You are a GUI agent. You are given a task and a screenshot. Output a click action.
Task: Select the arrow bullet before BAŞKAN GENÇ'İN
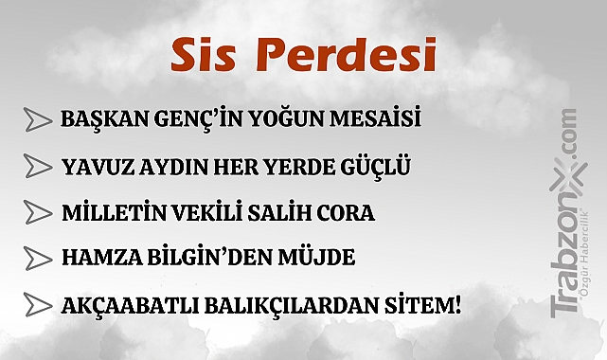pos(38,120)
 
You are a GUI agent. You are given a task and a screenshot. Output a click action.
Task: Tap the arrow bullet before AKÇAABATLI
pos(38,304)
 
